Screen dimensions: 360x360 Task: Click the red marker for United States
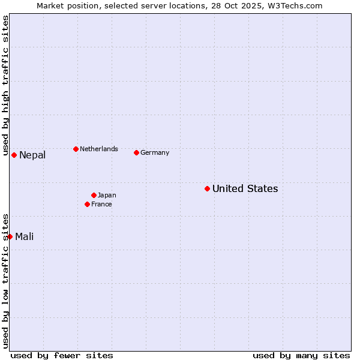[207, 188]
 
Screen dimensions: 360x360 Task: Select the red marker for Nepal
[14, 155]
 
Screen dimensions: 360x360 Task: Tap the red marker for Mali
[10, 236]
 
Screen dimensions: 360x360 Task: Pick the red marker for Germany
[136, 152]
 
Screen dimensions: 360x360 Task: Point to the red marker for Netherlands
[76, 149]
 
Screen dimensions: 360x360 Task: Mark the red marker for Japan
[94, 195]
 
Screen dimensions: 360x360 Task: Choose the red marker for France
[87, 204]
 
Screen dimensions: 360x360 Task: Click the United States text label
[245, 188]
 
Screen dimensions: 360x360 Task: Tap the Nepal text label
[32, 155]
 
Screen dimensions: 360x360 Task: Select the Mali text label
[24, 236]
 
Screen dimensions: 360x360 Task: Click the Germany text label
[155, 152]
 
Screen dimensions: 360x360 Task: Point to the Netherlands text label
[98, 149]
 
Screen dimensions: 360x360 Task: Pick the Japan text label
[107, 195]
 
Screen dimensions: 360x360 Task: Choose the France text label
[101, 204]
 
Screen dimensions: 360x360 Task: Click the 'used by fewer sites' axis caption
[62, 355]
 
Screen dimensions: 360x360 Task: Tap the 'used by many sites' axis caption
[301, 355]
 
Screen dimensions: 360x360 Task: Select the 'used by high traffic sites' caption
[5, 86]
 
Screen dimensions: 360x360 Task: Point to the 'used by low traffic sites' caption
[5, 281]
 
